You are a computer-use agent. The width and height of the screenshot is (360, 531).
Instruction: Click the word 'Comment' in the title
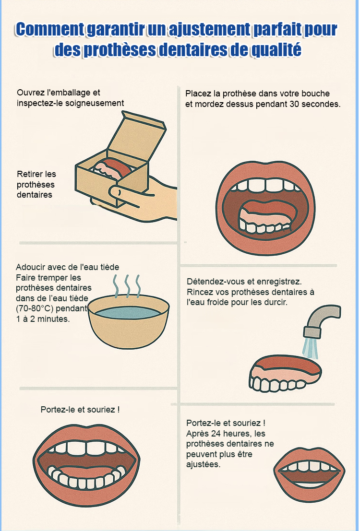pos(50,30)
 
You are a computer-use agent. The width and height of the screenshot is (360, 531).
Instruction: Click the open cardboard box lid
pos(137,135)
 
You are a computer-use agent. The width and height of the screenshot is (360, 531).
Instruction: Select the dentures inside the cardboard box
pos(111,167)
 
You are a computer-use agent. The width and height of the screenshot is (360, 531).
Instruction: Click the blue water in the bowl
pos(128,312)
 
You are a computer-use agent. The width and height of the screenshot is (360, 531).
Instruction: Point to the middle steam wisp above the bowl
pos(128,285)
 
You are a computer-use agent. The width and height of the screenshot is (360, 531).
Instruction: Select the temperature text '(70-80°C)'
pos(35,308)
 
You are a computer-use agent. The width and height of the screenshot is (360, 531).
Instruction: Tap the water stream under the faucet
pos(311,347)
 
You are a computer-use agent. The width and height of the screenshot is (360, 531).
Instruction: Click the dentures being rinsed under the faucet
pos(285,373)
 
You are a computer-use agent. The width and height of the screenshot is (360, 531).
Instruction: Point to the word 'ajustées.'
pos(204,464)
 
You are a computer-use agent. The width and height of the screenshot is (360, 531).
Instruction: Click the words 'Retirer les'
pos(36,174)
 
